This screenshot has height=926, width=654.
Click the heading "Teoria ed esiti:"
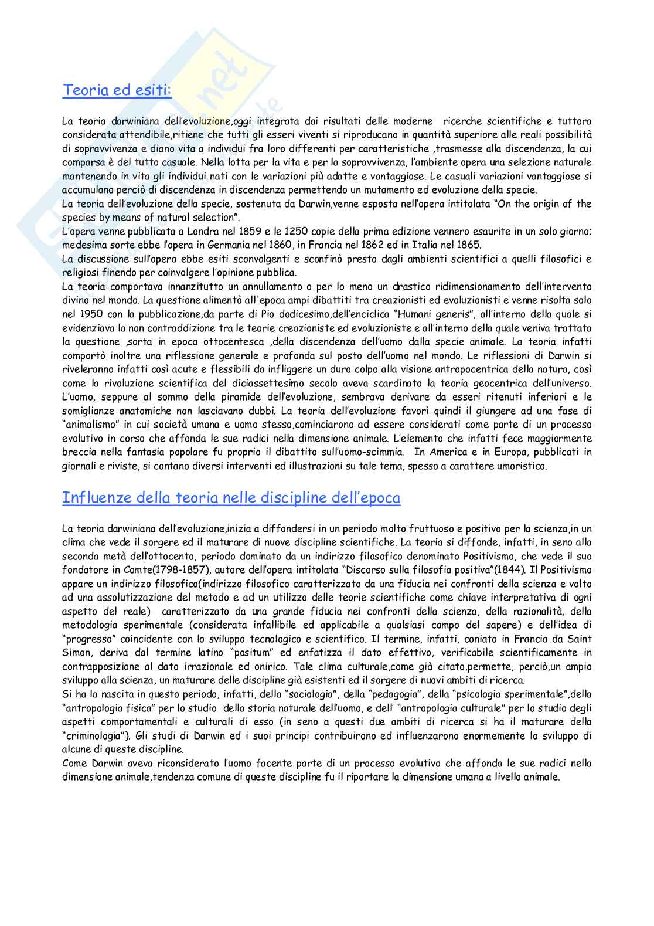coord(117,91)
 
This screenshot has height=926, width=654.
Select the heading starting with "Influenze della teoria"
coord(231,498)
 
